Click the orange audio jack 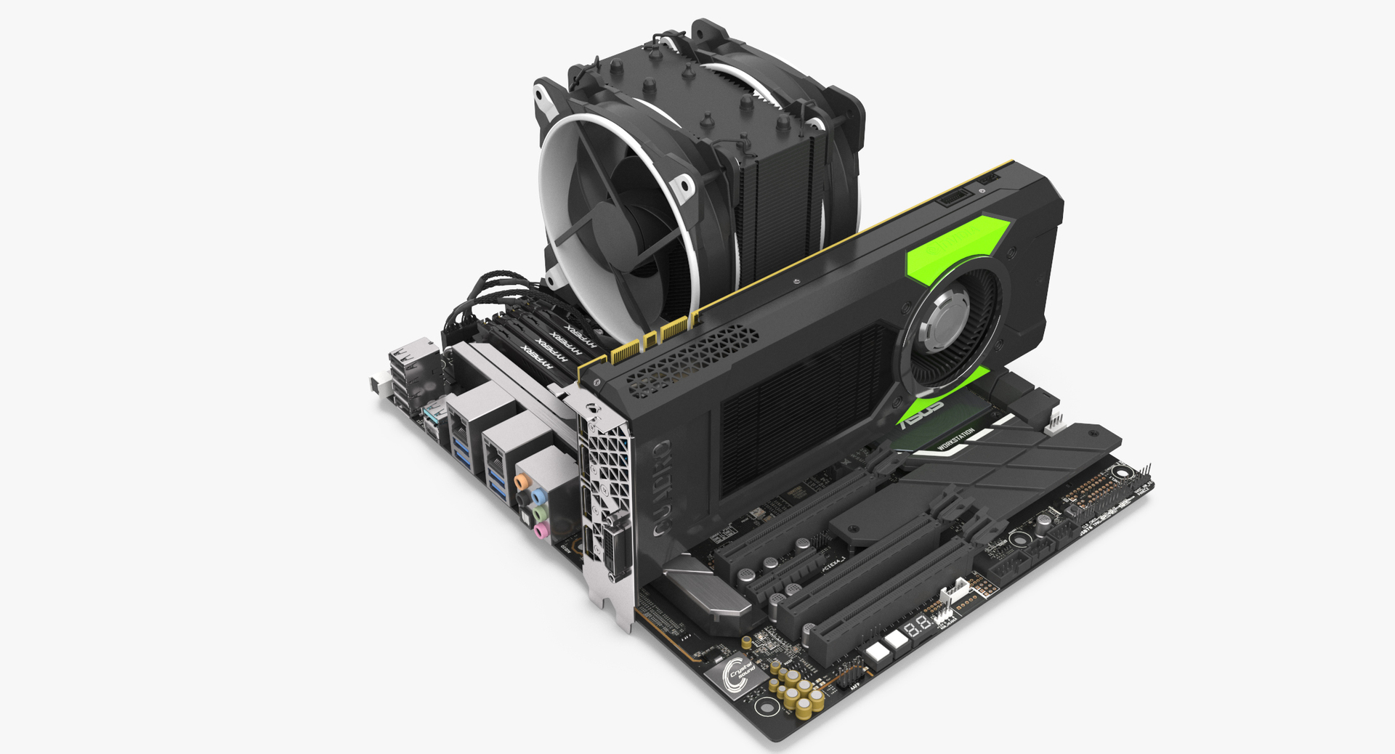coord(521,481)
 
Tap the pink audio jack coord(540,531)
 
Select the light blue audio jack coord(538,497)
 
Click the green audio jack coord(538,514)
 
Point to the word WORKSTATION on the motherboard coord(955,438)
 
